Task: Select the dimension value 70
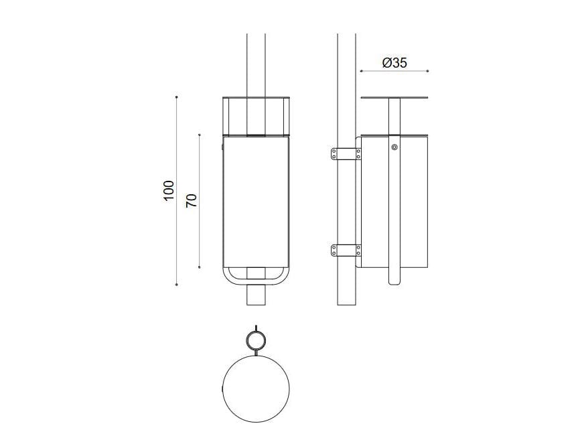(x=191, y=200)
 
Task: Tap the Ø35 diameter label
(x=394, y=63)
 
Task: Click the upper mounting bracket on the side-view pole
(x=346, y=154)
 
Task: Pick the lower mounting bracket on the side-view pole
(x=346, y=251)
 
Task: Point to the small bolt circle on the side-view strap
(x=394, y=147)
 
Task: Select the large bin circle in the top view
(x=255, y=388)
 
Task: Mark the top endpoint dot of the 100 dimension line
(x=176, y=97)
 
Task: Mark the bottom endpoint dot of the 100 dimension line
(x=176, y=285)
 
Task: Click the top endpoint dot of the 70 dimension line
(x=200, y=135)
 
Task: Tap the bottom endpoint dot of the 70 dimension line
(x=200, y=267)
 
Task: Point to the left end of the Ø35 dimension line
(x=361, y=70)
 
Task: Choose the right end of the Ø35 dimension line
(x=428, y=70)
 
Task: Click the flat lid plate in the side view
(x=394, y=98)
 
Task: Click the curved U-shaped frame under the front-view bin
(x=256, y=275)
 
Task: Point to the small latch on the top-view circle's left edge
(x=222, y=388)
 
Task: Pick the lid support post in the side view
(x=394, y=117)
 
